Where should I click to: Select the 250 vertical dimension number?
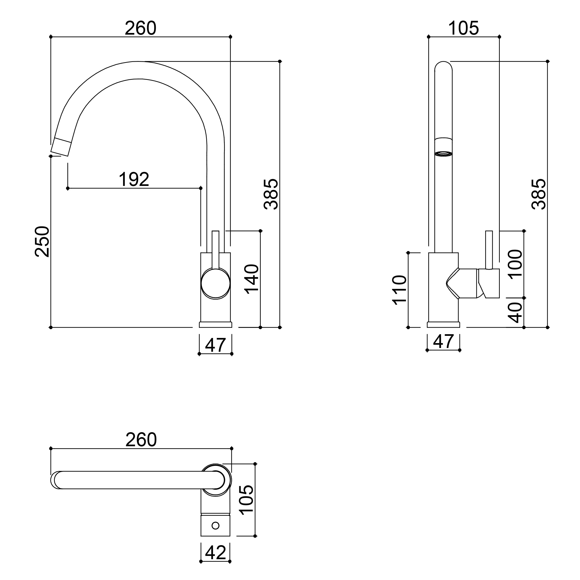[x=42, y=242]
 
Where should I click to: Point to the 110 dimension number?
[x=400, y=290]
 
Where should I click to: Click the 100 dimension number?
[x=515, y=265]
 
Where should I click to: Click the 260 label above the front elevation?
[x=141, y=28]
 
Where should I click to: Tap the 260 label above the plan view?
[x=141, y=440]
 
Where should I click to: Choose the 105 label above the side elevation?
[x=464, y=28]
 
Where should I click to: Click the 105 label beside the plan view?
[x=247, y=500]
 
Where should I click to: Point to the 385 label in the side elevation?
[x=539, y=194]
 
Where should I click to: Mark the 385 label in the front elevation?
[x=271, y=194]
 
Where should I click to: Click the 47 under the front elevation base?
[x=216, y=345]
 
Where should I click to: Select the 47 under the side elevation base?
[x=443, y=341]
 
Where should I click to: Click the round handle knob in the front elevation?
[x=216, y=284]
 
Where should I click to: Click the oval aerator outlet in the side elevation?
[x=443, y=154]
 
